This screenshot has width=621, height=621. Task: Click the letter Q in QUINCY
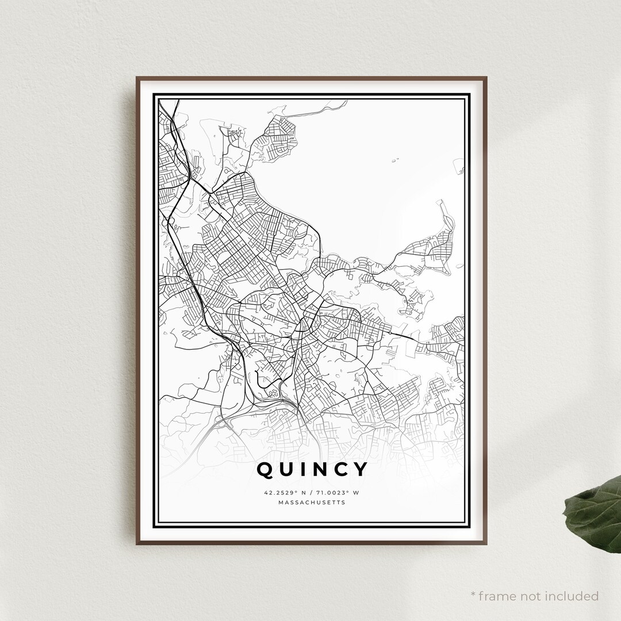point(266,470)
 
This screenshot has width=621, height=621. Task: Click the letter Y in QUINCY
point(361,470)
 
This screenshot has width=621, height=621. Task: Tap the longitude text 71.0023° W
point(338,493)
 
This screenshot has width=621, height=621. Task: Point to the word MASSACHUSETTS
point(311,503)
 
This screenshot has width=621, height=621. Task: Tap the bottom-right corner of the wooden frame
point(486,543)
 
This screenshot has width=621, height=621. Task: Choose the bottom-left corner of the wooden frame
point(137,543)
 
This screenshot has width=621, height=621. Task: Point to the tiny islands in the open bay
point(395,160)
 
